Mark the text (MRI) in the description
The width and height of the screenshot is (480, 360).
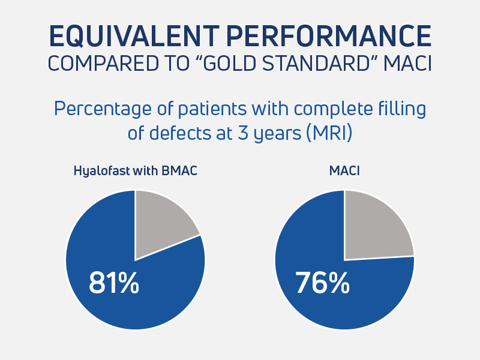(326, 133)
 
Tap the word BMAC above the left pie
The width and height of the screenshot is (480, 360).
(179, 170)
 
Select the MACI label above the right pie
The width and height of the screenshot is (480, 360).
(344, 170)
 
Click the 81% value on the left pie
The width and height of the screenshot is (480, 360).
(113, 283)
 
